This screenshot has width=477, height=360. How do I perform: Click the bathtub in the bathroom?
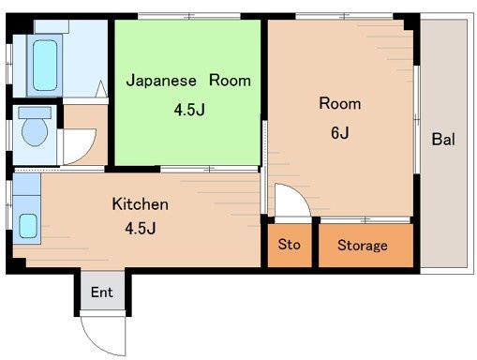[x=44, y=64]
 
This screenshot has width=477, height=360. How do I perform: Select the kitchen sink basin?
[x=28, y=226]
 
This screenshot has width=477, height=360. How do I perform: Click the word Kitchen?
[x=140, y=203]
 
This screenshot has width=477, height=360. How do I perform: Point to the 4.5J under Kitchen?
[x=140, y=227]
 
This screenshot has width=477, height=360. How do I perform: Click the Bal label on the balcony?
[x=443, y=141]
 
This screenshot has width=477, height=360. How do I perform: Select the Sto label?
[x=289, y=245]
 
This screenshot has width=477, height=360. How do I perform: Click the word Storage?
[x=362, y=246]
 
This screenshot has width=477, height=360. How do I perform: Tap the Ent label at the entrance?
[x=101, y=292]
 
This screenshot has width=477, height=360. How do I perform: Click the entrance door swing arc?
[x=101, y=331]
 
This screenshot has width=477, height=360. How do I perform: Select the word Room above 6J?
[x=339, y=103]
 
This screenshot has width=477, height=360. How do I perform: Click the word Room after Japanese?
[x=230, y=81]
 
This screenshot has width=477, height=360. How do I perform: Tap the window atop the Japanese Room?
[x=186, y=17]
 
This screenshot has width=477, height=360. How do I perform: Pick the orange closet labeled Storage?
[x=364, y=246]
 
